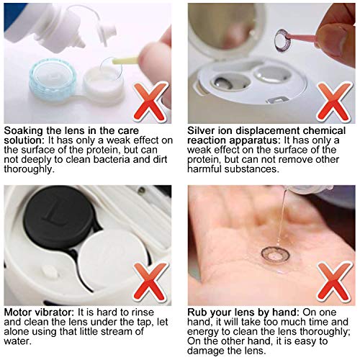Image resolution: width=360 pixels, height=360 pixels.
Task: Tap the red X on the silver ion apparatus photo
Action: [x=334, y=102]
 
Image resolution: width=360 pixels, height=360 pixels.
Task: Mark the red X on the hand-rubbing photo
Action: [x=334, y=283]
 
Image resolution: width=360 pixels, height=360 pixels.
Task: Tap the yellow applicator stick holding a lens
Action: [x=125, y=60]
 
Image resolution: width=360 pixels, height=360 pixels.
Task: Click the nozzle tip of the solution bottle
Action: [x=82, y=44]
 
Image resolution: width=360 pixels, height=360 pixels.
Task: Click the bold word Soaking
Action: [x=23, y=131]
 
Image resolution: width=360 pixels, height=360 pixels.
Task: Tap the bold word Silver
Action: [x=201, y=130]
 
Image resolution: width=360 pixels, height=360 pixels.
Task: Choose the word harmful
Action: [x=204, y=169]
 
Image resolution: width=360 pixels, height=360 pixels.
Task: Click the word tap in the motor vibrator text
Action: [x=146, y=323]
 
